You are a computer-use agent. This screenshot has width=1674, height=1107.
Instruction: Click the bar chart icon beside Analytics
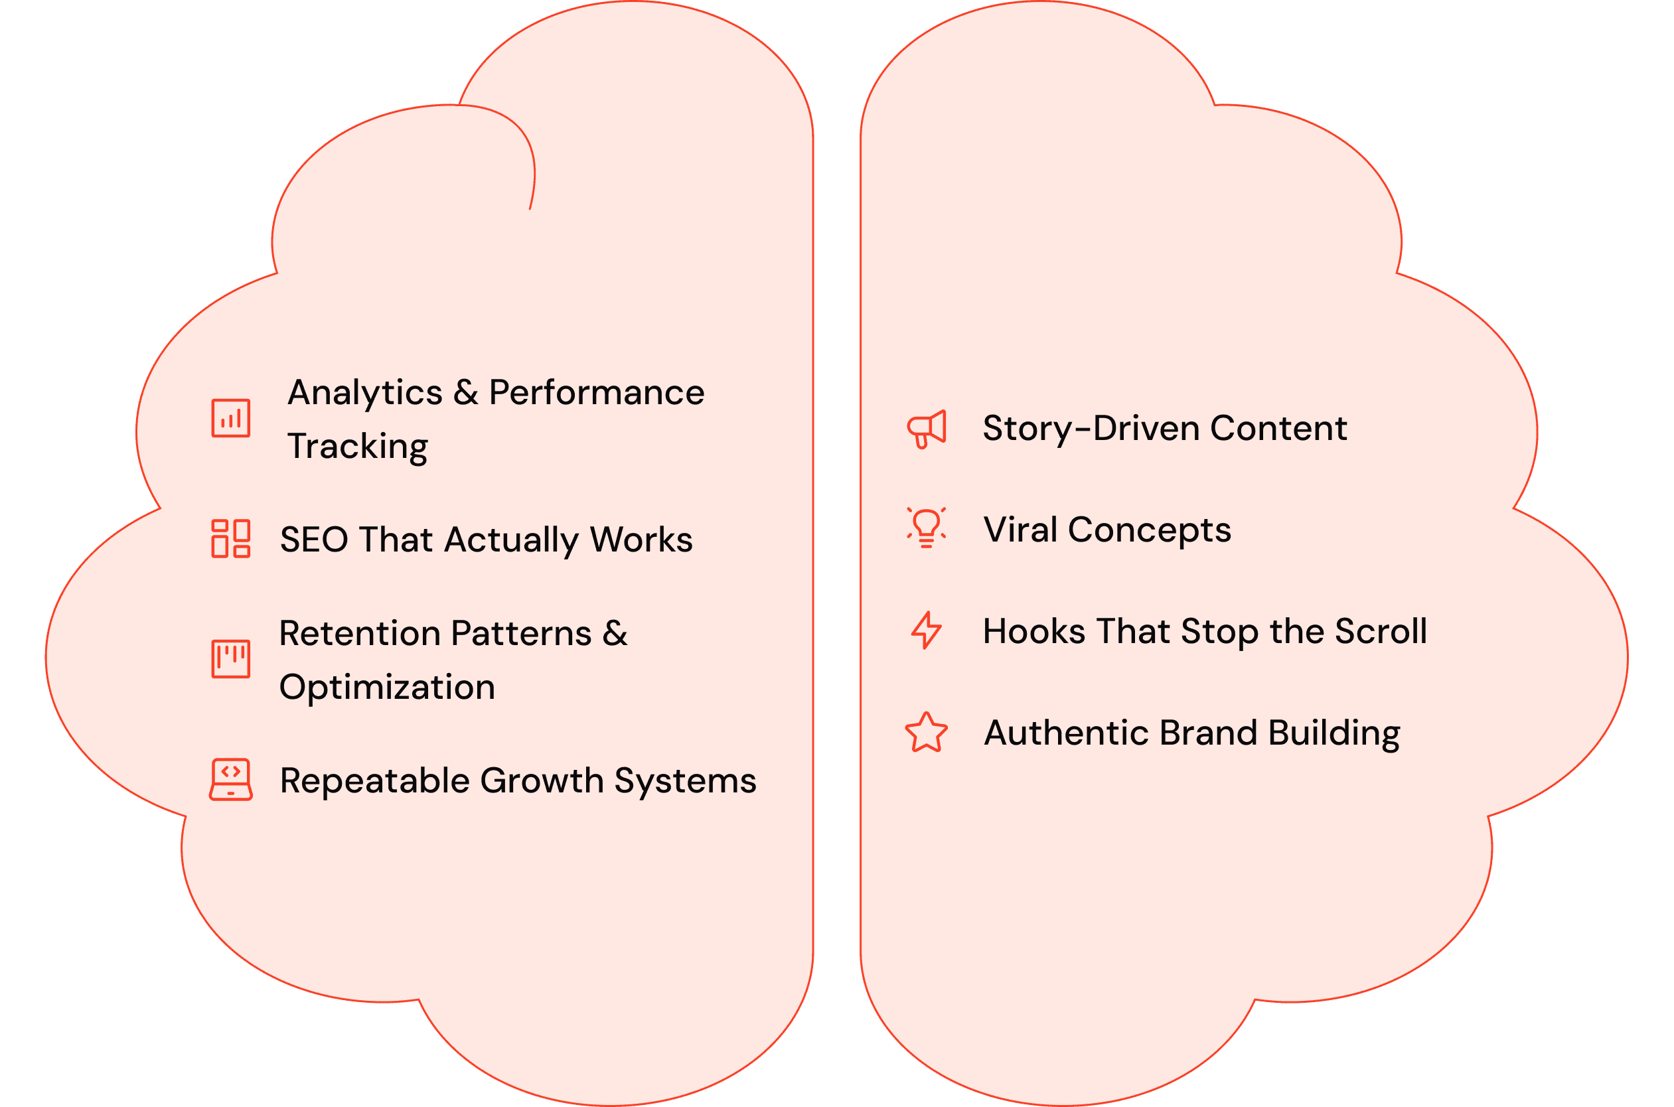coord(231,418)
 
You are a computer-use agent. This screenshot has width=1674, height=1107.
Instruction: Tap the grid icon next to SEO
coord(231,539)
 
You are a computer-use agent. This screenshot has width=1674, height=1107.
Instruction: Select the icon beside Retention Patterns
coord(231,659)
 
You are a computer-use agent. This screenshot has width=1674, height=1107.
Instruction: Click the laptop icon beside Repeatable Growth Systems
coord(231,779)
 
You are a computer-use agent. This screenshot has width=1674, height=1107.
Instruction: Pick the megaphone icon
coord(927,429)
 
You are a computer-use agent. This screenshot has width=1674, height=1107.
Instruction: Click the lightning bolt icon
coord(927,630)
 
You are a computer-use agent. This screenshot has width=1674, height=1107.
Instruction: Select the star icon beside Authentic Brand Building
coord(927,732)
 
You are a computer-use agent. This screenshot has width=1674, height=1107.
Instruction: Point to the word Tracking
coord(357,446)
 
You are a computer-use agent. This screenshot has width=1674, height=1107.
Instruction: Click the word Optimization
coord(387,687)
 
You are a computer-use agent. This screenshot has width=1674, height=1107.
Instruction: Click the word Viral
coord(1020,530)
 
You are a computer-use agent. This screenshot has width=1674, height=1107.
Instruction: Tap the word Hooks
coord(1033,631)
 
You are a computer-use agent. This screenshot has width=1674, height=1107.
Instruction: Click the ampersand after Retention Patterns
coord(615,633)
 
